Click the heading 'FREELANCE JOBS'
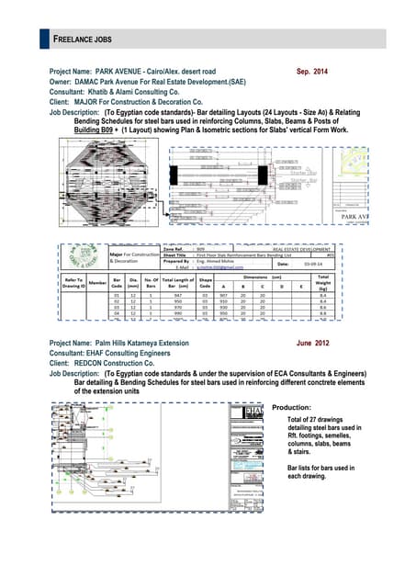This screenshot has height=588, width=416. (x=83, y=40)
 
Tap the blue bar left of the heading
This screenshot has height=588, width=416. (x=44, y=40)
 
